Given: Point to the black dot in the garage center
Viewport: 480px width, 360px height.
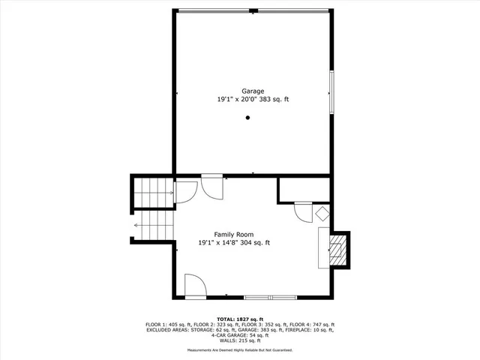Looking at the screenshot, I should [247, 118].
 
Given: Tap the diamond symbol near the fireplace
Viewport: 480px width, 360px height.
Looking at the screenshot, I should [322, 213].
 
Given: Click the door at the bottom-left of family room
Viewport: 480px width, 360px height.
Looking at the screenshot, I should [194, 284].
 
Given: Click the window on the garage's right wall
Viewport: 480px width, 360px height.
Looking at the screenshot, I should [331, 92].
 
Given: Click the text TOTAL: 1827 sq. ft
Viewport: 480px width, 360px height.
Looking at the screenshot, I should [240, 319].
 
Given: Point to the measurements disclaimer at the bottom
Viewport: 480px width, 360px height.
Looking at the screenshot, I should [240, 350].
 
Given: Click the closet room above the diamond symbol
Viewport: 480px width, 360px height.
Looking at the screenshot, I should [303, 190].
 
